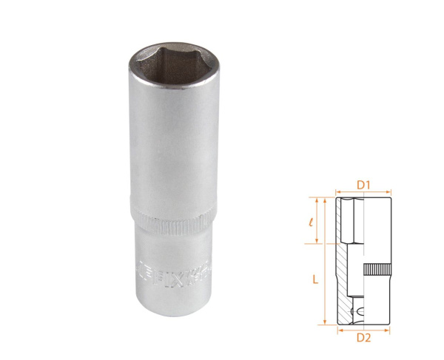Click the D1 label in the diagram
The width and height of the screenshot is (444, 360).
pyautogui.click(x=363, y=183)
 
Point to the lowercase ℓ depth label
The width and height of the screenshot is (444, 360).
pyautogui.click(x=314, y=220)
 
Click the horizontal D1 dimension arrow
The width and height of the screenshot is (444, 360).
pyautogui.click(x=363, y=191)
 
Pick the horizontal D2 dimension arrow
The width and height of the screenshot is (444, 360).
pyautogui.click(x=363, y=329)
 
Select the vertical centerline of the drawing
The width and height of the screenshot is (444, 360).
pyautogui.click(x=363, y=259)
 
